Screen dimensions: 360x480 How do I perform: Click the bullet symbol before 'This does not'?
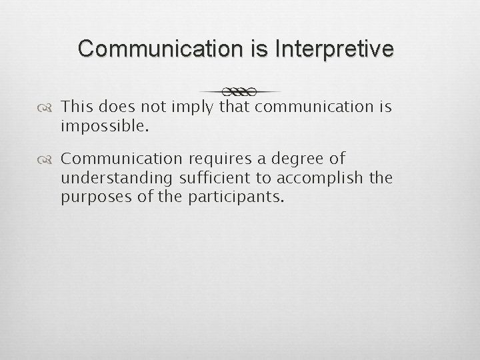click(50, 107)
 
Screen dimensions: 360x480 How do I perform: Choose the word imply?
click(193, 107)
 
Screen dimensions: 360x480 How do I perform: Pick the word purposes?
click(93, 197)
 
